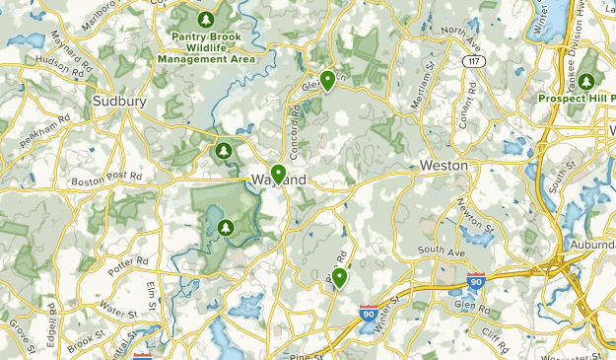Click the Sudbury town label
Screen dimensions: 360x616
click(x=119, y=101)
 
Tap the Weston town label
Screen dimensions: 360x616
click(x=445, y=166)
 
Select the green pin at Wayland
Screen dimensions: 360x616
click(x=279, y=175)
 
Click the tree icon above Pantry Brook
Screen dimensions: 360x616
click(x=205, y=19)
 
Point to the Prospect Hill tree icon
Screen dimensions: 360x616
click(x=587, y=81)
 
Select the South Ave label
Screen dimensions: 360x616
click(x=439, y=253)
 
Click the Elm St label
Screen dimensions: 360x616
click(x=151, y=293)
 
